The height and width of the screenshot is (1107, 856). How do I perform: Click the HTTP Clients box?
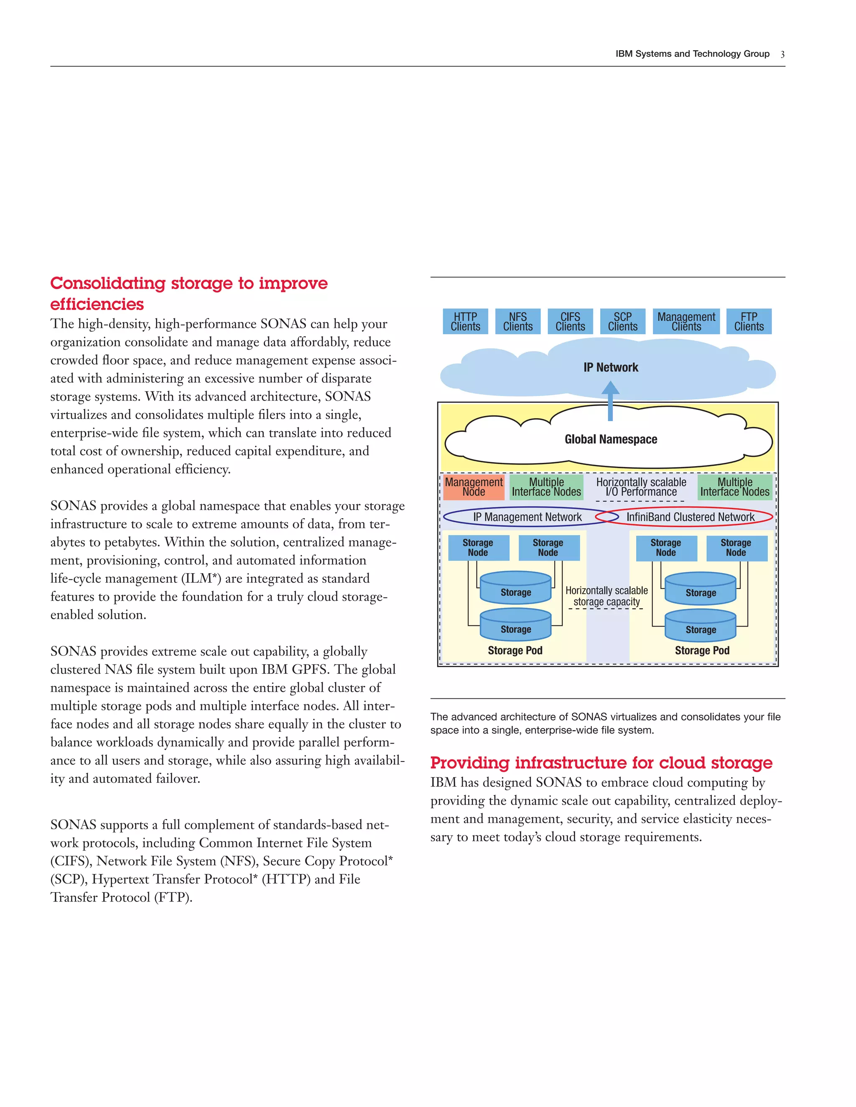click(x=465, y=321)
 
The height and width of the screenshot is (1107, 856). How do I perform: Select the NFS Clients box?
click(x=518, y=321)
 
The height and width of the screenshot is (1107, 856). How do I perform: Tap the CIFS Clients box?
click(x=570, y=321)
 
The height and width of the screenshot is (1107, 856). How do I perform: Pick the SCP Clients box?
click(x=623, y=321)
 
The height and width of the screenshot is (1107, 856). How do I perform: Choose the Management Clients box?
click(x=686, y=321)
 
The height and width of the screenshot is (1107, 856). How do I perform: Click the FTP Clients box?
click(x=749, y=321)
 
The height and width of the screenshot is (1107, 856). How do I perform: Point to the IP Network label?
click(x=611, y=368)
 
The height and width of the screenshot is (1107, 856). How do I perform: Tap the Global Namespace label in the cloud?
click(x=611, y=439)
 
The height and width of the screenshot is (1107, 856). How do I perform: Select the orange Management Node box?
click(x=474, y=487)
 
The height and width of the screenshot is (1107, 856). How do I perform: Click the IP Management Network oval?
click(x=527, y=517)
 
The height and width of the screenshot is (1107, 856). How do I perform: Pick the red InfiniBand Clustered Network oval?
click(x=690, y=517)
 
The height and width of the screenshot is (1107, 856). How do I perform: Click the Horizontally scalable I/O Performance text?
click(x=641, y=487)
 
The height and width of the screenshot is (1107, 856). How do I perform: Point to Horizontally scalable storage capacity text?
click(x=606, y=597)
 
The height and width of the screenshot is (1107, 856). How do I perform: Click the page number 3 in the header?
click(x=782, y=54)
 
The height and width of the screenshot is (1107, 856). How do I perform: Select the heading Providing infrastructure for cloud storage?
click(x=601, y=763)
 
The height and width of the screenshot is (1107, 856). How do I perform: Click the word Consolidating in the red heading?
click(x=107, y=283)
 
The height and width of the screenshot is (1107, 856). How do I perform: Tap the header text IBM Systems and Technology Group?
click(x=692, y=54)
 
